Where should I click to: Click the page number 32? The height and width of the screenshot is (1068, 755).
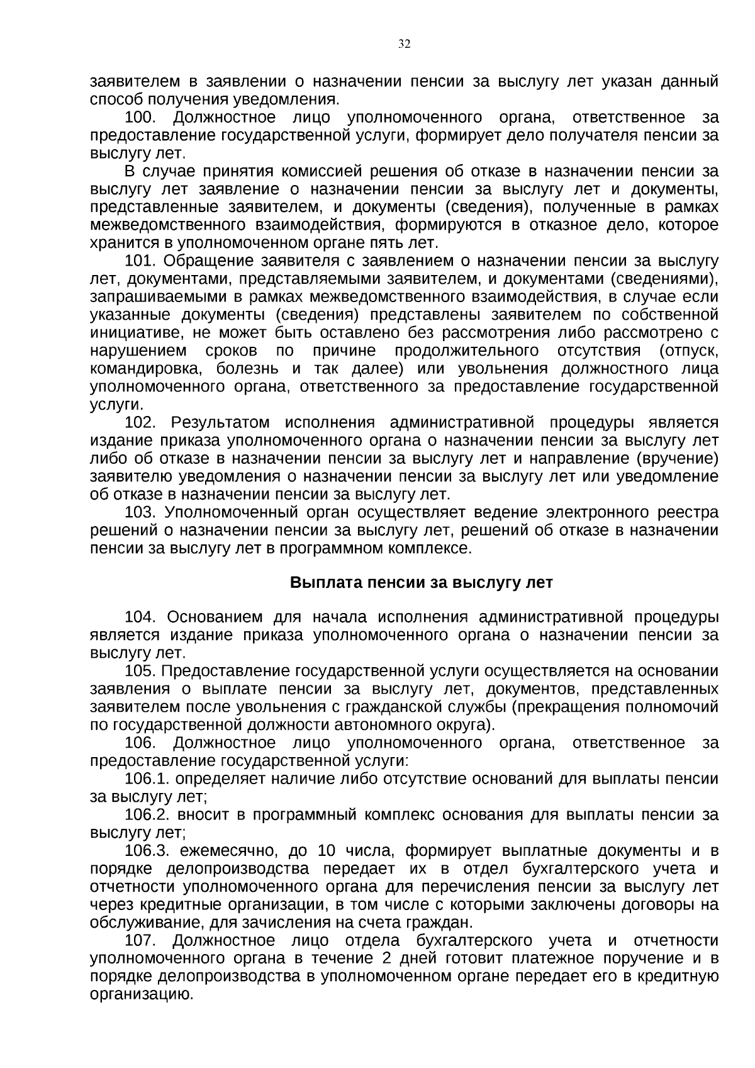[404, 43]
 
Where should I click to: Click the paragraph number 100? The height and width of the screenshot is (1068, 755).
[141, 118]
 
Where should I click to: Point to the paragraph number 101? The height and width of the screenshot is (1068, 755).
[141, 261]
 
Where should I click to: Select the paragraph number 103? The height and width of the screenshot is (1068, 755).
[141, 513]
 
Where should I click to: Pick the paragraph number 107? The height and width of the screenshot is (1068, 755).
[141, 941]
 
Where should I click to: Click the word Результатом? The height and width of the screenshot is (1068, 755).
[220, 422]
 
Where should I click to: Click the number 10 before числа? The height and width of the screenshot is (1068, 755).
[327, 852]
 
